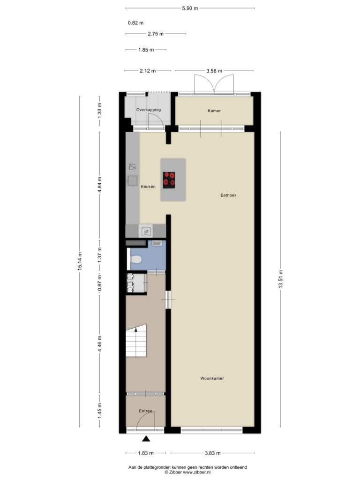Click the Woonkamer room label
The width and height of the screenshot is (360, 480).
coord(212,378)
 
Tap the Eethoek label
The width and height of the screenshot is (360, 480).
coord(228,195)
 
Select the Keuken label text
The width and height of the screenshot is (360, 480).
coord(148,187)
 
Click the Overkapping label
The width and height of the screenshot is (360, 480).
coord(148,110)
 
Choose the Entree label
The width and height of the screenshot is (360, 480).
coord(145,411)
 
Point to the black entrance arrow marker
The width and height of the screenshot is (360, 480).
coord(146,439)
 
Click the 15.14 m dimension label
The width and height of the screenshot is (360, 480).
coord(80,262)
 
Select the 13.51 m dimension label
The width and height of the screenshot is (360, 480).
coord(280,279)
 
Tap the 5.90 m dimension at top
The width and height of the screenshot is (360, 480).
coord(190,8)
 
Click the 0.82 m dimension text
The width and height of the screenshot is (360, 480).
coord(135,22)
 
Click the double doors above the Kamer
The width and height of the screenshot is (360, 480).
coord(214,84)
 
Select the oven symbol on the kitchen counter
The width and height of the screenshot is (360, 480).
coord(146,231)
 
